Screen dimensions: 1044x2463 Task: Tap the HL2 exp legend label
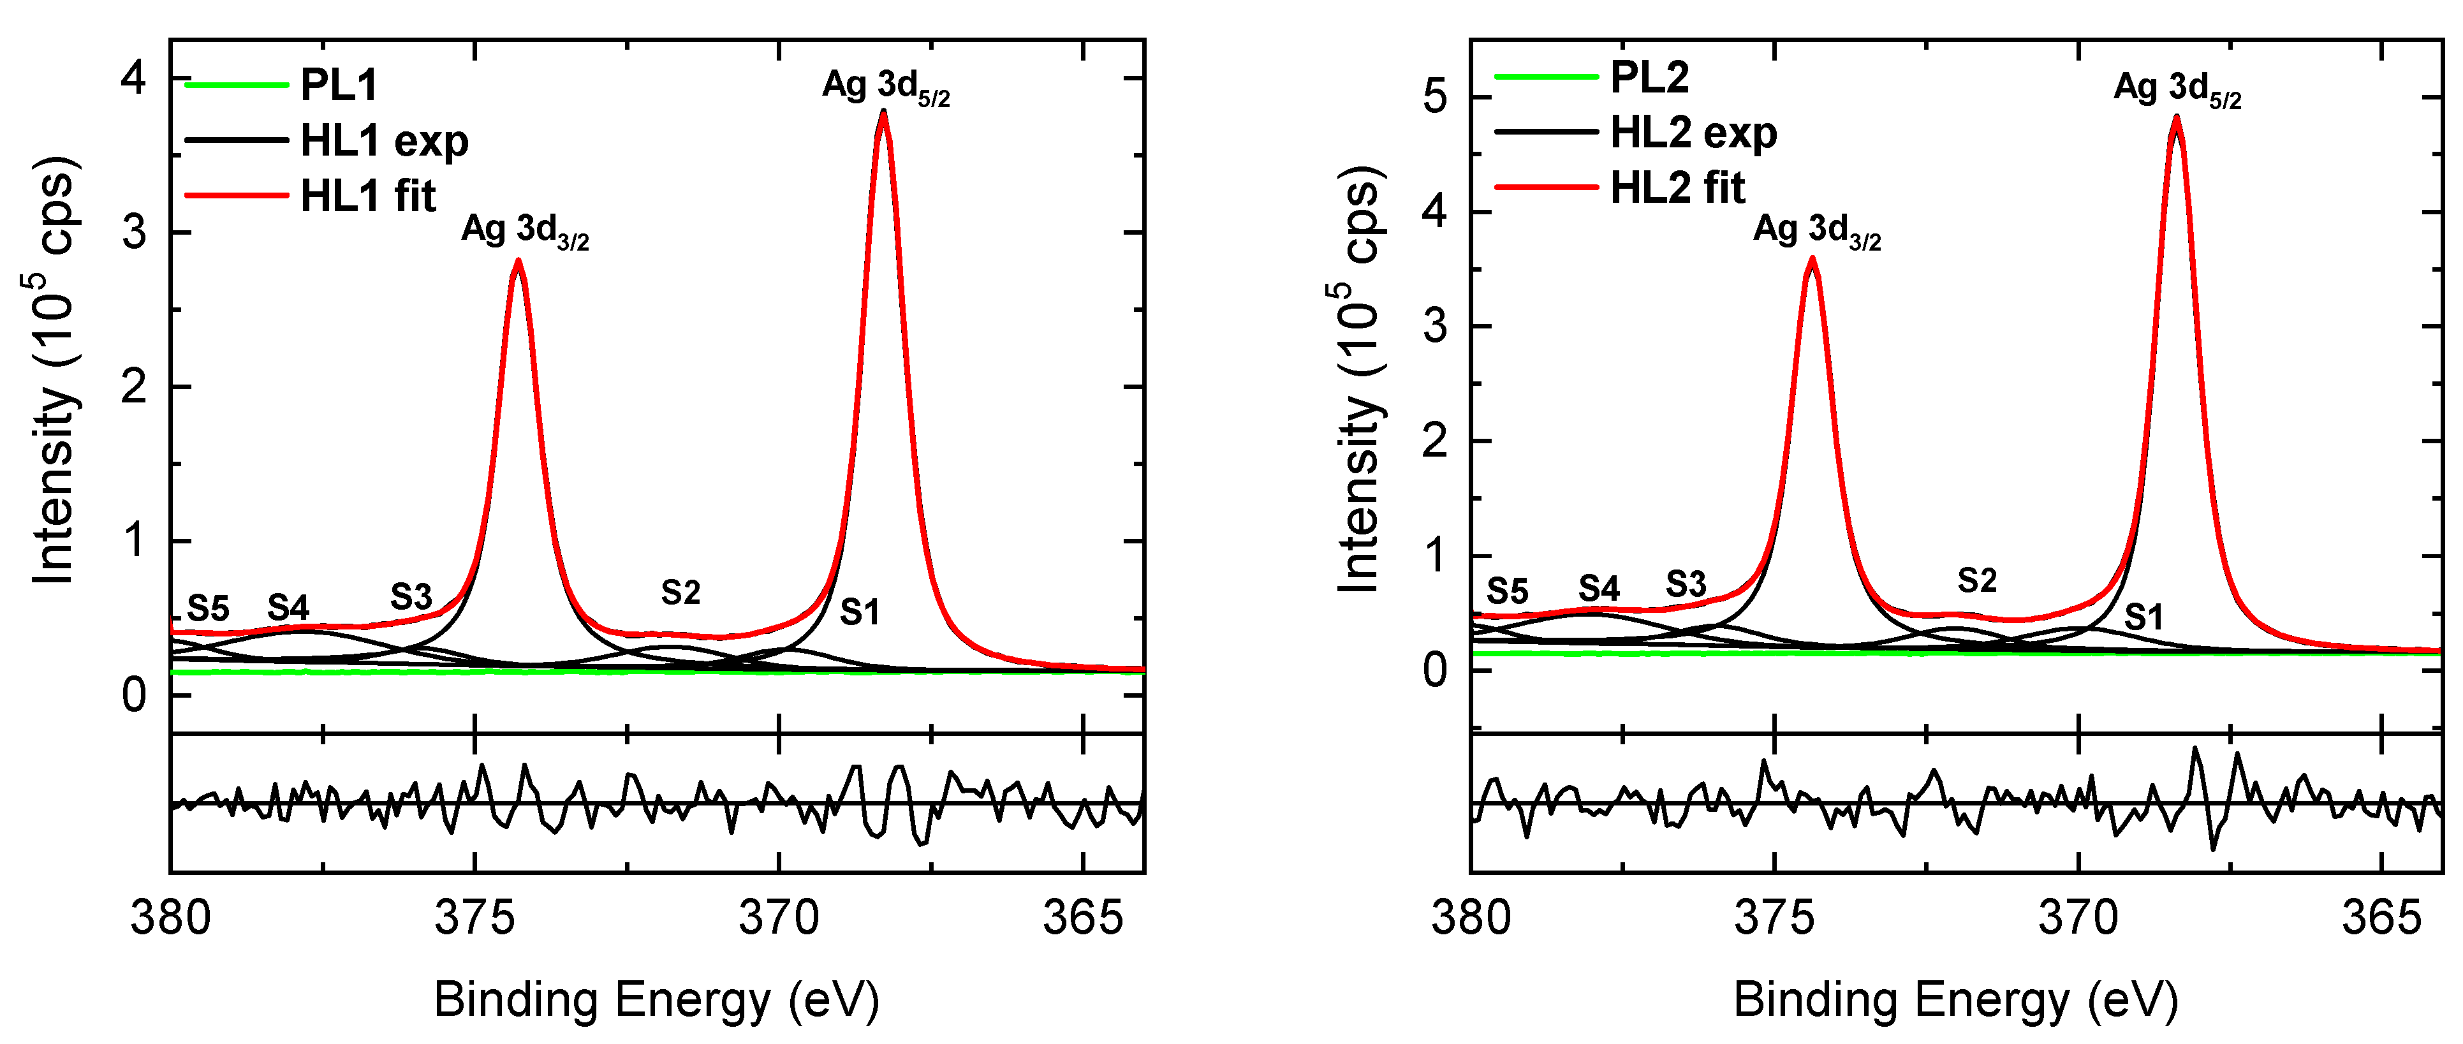[x=1693, y=133]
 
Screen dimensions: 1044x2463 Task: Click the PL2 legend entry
[x=1649, y=77]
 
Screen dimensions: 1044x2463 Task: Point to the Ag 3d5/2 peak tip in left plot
[x=883, y=112]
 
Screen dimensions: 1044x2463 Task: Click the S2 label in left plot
[x=680, y=592]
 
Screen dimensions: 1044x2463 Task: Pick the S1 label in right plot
[x=2143, y=617]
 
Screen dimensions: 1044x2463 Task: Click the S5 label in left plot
[x=207, y=608]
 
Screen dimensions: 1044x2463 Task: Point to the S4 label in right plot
[x=1599, y=588]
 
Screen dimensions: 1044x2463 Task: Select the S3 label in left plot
[x=411, y=598]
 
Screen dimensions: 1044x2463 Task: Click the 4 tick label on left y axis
[x=134, y=77]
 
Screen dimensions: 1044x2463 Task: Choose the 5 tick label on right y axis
[x=1434, y=98]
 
